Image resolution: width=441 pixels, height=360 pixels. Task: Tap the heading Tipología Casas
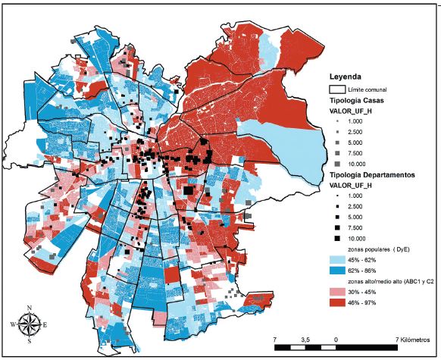click(x=362, y=101)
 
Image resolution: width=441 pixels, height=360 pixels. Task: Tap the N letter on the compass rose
click(x=29, y=308)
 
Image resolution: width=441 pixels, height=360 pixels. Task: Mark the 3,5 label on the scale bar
click(x=305, y=339)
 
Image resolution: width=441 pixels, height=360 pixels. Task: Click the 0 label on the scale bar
click(x=336, y=339)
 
